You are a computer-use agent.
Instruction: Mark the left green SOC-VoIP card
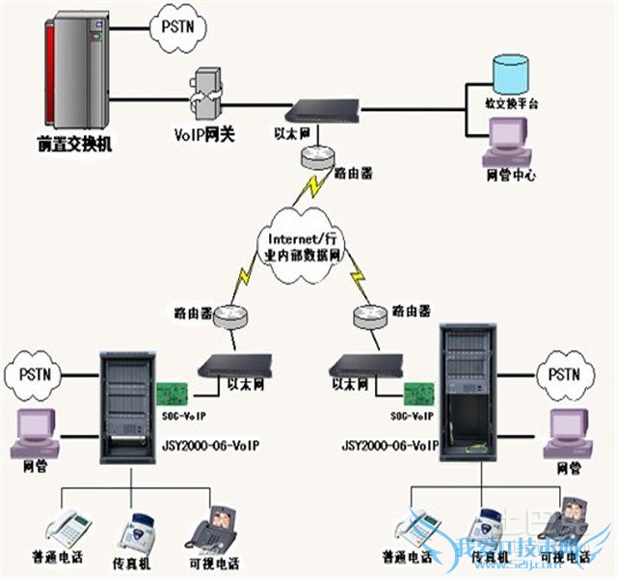[x=173, y=396]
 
